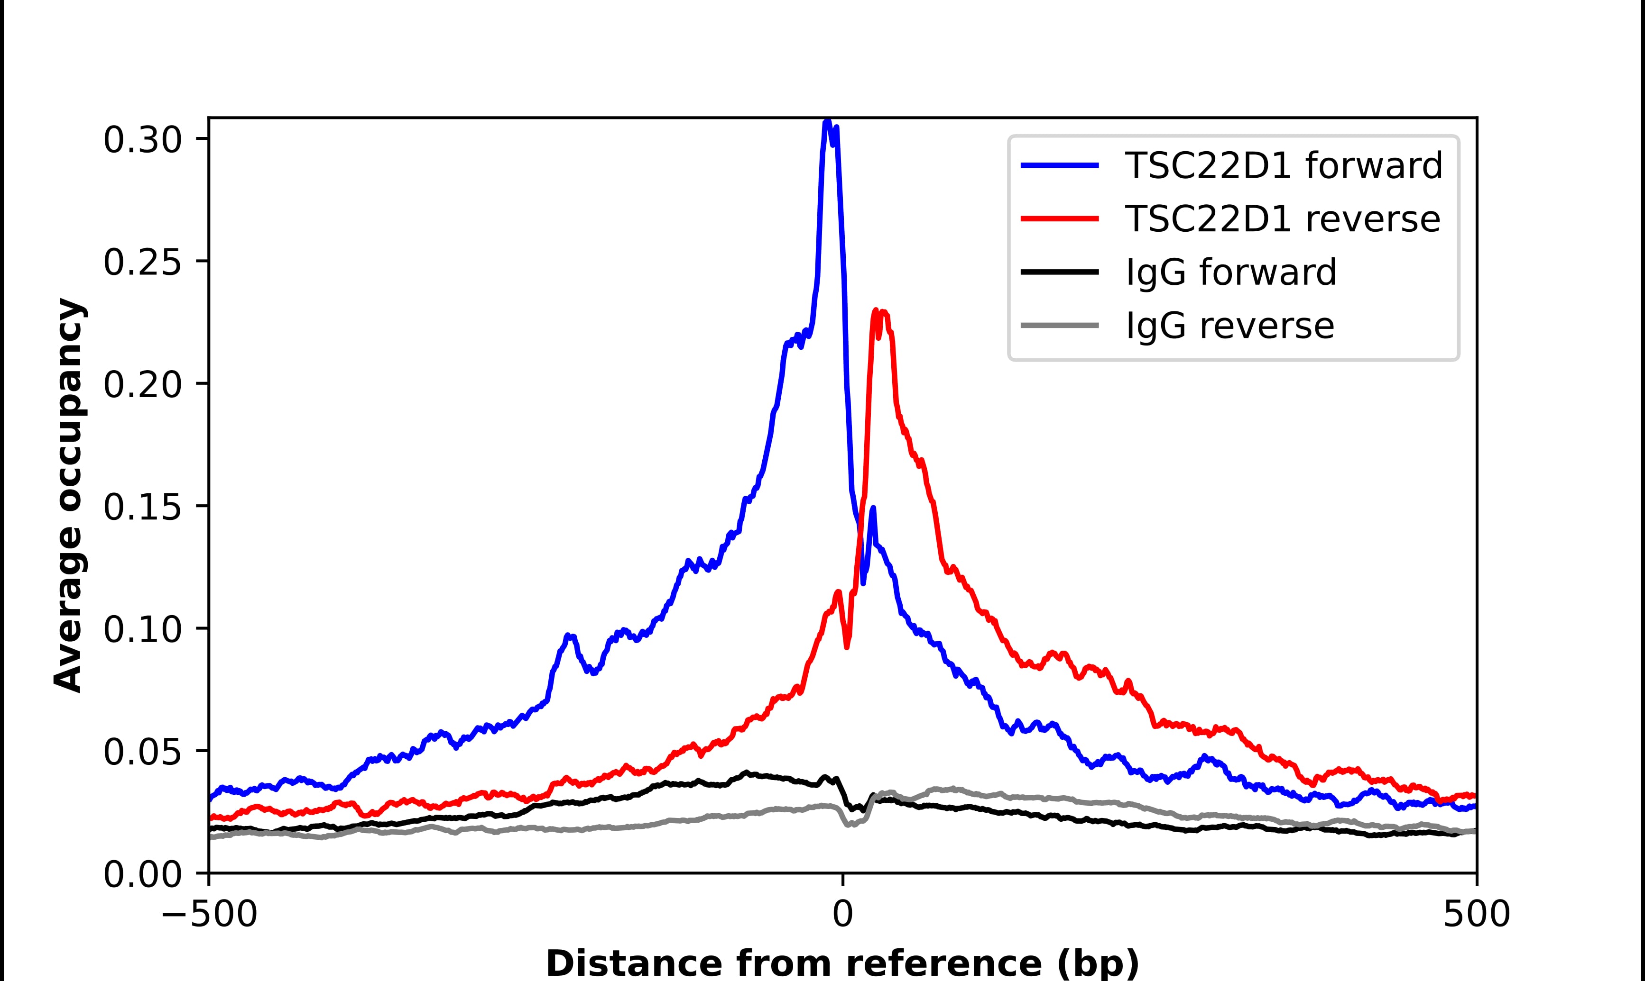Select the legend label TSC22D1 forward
point(1283,165)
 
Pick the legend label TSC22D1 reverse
point(1282,219)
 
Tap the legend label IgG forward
point(1231,272)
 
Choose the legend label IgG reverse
point(1229,326)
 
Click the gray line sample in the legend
point(1060,325)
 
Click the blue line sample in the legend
point(1060,165)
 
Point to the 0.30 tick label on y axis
point(142,140)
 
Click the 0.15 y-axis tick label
point(142,508)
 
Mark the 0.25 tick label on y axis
point(142,263)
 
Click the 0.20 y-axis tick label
point(142,385)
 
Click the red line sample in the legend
point(1060,219)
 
